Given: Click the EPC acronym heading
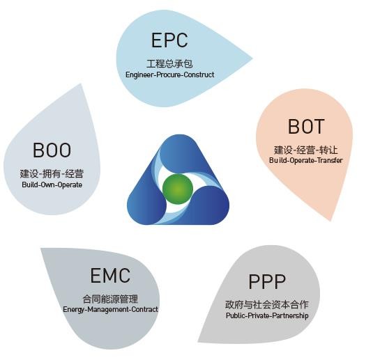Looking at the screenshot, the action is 169,40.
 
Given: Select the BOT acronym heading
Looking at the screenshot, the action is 306,127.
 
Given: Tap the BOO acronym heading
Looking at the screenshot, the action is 52,150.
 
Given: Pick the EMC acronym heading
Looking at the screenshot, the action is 110,276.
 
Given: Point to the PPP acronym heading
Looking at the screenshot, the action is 267,281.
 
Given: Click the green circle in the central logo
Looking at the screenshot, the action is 178,189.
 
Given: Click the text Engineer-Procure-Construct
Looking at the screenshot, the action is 170,75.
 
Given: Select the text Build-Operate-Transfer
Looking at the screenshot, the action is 305,160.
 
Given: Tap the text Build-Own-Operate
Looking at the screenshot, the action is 52,185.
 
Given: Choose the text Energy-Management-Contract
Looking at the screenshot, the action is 110,309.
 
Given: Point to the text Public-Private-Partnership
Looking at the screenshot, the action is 267,315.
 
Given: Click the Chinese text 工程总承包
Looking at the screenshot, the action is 169,63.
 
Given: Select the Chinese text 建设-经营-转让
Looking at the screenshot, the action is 305,150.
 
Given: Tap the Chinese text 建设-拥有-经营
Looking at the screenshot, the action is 52,173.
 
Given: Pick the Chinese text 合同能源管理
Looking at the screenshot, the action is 110,299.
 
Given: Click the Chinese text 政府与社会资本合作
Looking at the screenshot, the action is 267,304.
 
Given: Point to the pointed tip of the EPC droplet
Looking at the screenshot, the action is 252,58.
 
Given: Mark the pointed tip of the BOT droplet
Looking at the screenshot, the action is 331,221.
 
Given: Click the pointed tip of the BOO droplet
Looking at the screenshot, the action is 81,84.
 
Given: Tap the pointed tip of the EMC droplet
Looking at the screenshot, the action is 40,249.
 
